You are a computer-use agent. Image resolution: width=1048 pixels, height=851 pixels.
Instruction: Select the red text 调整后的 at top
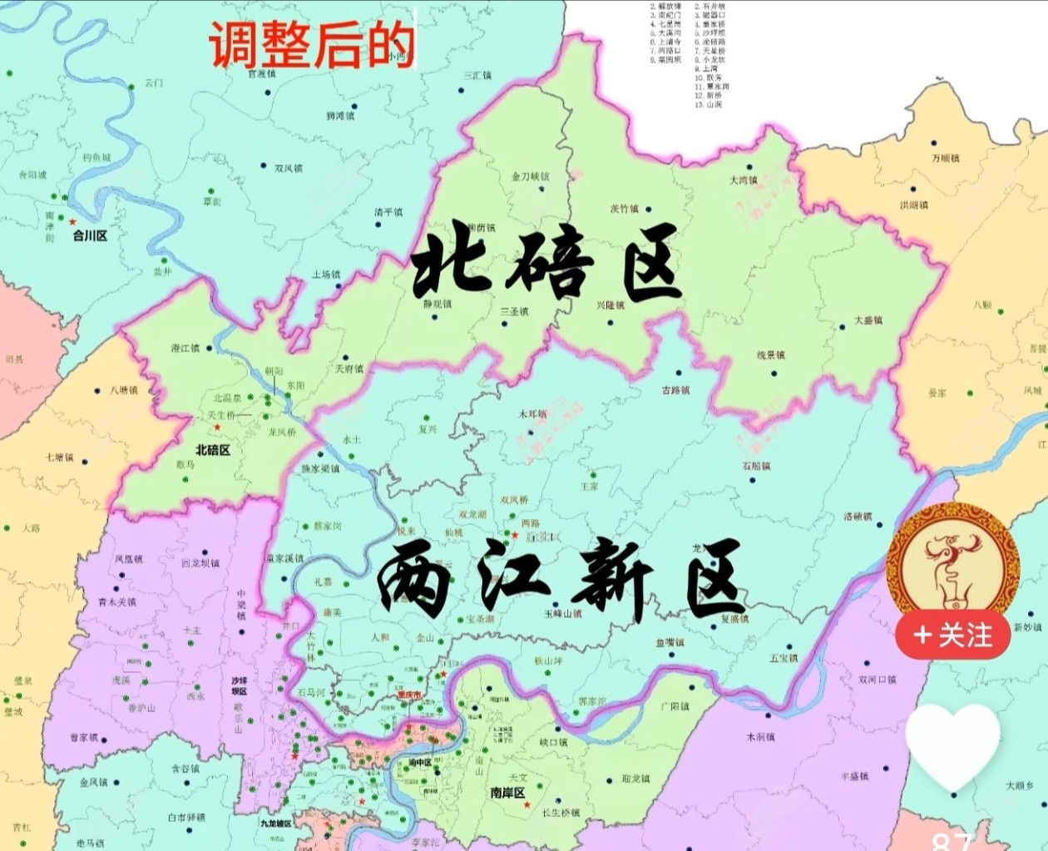click(x=311, y=45)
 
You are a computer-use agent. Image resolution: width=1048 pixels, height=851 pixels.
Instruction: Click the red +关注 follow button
click(x=953, y=636)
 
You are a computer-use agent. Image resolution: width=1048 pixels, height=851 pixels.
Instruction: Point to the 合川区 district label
click(x=90, y=235)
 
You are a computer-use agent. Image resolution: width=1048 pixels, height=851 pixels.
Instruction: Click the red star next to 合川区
click(x=73, y=221)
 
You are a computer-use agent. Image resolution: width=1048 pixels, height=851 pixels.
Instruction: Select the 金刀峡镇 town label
click(x=530, y=176)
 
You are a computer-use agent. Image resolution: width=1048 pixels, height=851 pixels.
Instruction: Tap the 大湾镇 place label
click(x=743, y=180)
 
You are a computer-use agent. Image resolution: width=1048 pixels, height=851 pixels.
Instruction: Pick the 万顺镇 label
click(x=945, y=158)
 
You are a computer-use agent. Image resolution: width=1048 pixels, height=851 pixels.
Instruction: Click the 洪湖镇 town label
click(x=913, y=205)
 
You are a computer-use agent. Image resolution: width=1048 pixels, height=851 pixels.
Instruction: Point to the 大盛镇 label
click(x=868, y=320)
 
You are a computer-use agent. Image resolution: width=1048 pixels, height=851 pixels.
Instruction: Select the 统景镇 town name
click(x=770, y=355)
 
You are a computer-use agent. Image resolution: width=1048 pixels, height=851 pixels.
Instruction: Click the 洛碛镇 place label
click(x=858, y=516)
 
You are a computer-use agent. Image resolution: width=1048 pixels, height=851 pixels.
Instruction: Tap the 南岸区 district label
click(x=507, y=792)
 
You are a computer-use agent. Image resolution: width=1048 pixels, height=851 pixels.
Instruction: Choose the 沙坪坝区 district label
click(x=240, y=685)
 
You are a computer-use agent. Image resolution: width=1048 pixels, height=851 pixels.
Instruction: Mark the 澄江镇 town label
click(x=185, y=348)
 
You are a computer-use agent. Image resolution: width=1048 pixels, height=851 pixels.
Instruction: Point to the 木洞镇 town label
click(x=760, y=737)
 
